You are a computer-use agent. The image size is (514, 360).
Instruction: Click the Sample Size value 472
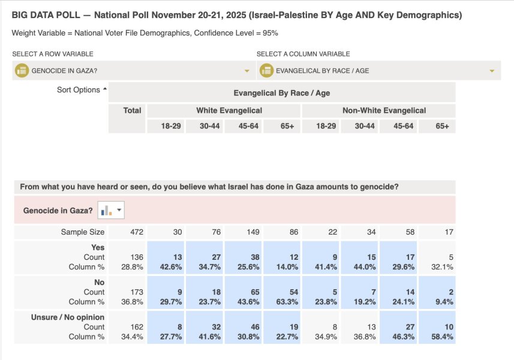(133, 232)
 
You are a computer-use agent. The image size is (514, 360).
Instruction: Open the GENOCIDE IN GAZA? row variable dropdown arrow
(247, 71)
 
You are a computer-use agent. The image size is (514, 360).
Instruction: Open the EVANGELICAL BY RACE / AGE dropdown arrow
(492, 71)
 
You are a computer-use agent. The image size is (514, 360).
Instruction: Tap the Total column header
(132, 110)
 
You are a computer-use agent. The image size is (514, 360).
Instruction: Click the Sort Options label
(78, 90)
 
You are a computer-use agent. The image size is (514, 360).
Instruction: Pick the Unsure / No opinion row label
(68, 317)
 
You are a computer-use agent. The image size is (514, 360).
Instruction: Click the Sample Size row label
(82, 232)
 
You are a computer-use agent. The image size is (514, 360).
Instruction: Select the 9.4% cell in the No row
(445, 302)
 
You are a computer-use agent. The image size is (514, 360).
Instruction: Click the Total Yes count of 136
(133, 257)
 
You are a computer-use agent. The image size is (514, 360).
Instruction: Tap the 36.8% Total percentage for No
(133, 302)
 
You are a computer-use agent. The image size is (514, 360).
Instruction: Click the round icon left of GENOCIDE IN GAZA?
(22, 71)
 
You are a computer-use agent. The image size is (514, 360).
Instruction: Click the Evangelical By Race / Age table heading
(281, 93)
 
